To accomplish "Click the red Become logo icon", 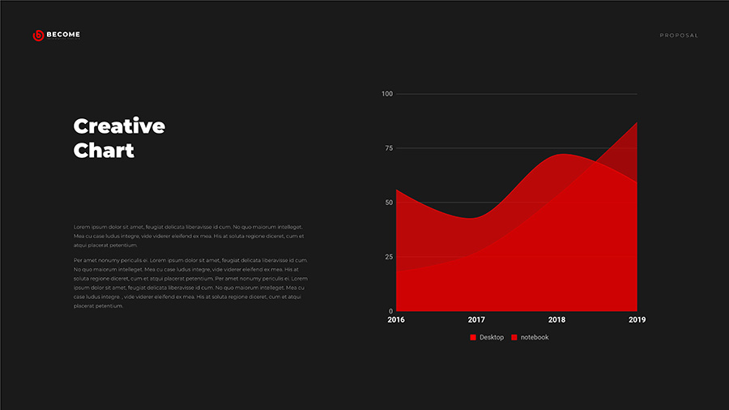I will point(37,36).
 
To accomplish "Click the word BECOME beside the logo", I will point(63,35).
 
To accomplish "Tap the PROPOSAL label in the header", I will point(678,36).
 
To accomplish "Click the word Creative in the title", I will point(119,126).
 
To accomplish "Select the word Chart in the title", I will point(104,151).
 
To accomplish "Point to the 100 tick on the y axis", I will point(386,94).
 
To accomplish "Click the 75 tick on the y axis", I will point(388,148).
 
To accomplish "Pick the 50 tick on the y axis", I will point(388,203).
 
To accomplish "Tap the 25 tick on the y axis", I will point(388,257).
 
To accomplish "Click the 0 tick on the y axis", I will point(390,311).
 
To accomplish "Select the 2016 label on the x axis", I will point(396,320).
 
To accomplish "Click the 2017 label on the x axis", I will point(476,320).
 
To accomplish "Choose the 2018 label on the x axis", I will point(556,320).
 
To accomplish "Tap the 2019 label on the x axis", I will point(637,320).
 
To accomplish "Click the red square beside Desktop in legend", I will point(473,337).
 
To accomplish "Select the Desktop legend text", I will point(492,337).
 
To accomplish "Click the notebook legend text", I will point(535,337).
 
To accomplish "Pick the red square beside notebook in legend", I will point(514,337).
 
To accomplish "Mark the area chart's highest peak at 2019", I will point(637,123).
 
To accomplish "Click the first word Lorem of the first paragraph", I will point(82,227).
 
